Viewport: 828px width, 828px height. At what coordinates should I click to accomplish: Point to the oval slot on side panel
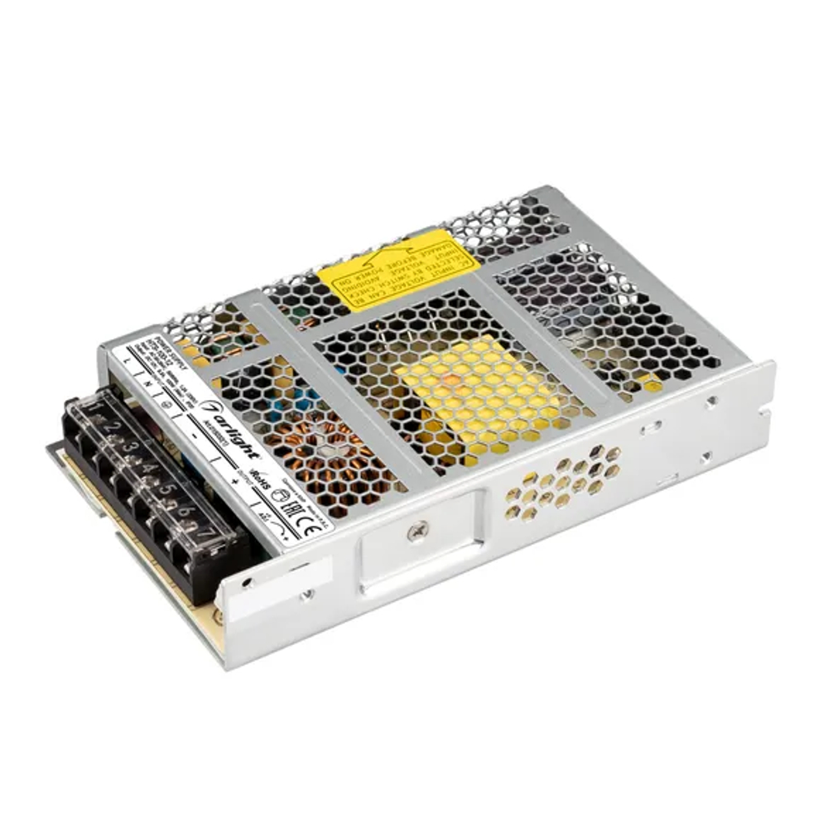tap(653, 428)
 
